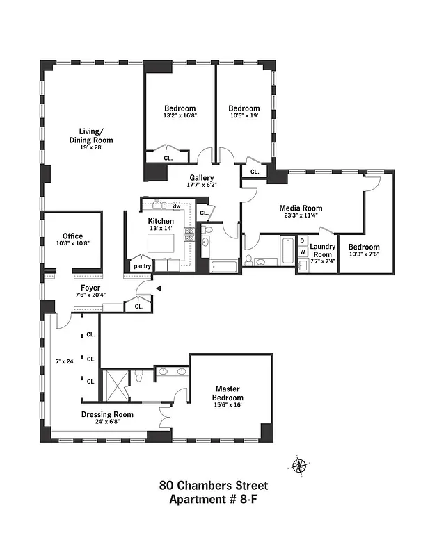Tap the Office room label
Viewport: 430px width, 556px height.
pos(72,236)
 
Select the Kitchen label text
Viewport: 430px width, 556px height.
pos(160,221)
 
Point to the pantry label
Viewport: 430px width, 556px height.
pos(143,265)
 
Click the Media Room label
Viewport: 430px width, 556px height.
pos(301,208)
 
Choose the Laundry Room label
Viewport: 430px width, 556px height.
pos(322,250)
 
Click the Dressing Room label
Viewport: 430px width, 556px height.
pos(107,414)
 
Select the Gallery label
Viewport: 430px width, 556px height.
pos(202,178)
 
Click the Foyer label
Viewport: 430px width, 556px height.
pos(90,288)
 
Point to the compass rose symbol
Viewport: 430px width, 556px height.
pos(301,466)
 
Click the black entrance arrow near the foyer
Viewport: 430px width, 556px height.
pos(159,288)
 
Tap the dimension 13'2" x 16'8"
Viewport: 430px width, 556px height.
pos(180,116)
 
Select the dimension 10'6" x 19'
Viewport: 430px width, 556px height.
pos(244,117)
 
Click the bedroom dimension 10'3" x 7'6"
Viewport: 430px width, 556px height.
pos(364,255)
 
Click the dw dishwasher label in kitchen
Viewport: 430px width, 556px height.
pos(177,206)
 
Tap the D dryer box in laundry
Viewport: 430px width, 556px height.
pos(303,241)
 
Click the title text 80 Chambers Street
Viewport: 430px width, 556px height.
pos(214,486)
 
